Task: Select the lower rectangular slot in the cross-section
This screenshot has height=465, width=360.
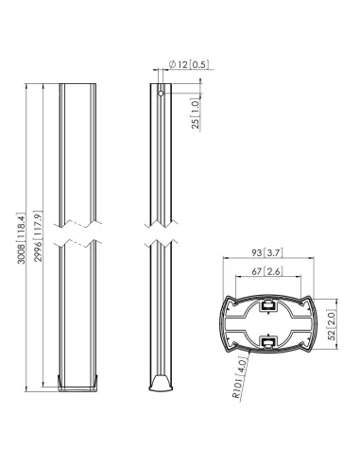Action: coord(268,339)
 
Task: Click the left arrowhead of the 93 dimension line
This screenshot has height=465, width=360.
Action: coord(223,260)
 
